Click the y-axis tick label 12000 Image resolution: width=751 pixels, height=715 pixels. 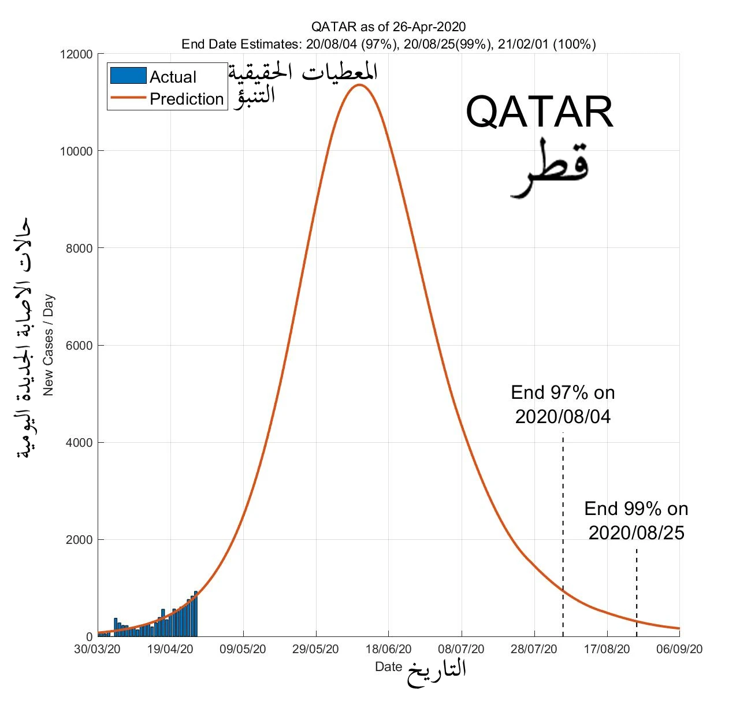click(x=76, y=54)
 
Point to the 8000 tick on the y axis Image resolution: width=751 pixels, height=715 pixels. click(x=79, y=248)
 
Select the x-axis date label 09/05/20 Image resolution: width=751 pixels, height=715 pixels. click(x=243, y=649)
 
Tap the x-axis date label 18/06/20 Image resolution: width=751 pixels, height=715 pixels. click(x=388, y=649)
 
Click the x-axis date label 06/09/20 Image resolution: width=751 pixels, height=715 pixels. click(x=679, y=649)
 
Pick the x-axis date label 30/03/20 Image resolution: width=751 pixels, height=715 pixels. click(x=97, y=649)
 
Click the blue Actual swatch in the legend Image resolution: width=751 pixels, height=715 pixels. click(x=128, y=75)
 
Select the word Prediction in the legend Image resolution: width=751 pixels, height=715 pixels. click(x=187, y=99)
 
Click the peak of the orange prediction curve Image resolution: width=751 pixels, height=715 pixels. click(x=359, y=85)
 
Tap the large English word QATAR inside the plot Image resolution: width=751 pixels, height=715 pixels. click(x=539, y=112)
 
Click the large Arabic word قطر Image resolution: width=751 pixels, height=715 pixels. click(x=549, y=168)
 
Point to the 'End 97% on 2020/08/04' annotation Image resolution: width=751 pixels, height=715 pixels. click(x=563, y=405)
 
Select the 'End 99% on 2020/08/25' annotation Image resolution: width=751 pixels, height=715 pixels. click(x=636, y=521)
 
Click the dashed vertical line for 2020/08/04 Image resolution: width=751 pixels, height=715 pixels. click(x=563, y=535)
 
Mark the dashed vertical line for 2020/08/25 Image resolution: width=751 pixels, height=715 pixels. click(x=637, y=592)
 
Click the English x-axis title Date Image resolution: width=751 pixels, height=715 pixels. click(x=388, y=666)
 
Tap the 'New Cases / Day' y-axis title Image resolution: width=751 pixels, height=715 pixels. click(x=48, y=345)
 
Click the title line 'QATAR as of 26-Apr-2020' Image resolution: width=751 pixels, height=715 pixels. click(x=388, y=27)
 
